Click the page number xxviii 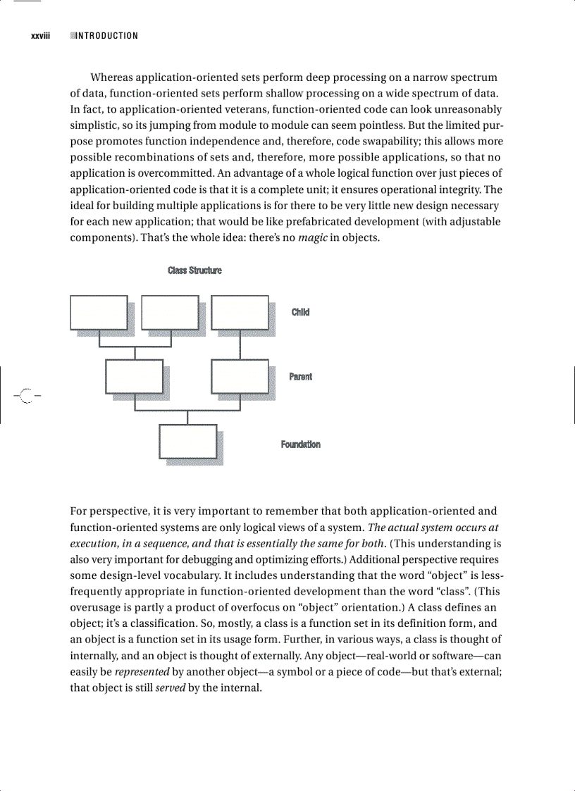40,36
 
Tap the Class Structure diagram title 194,270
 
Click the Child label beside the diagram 300,312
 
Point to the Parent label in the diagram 300,377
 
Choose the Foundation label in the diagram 300,444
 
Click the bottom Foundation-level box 187,442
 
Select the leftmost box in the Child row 99,313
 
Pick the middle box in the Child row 170,313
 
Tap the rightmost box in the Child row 240,313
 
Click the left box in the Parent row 134,377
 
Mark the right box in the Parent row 240,377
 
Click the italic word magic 311,237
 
